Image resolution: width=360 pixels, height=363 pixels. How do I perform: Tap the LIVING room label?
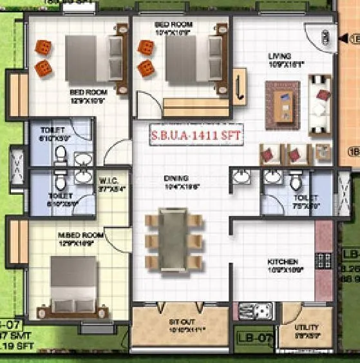click(279, 56)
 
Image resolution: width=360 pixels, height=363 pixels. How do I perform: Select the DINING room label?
click(176, 178)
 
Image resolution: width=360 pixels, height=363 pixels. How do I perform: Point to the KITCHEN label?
click(283, 262)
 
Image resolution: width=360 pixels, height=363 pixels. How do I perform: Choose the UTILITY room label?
click(307, 328)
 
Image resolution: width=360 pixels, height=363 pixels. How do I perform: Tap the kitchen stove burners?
click(323, 260)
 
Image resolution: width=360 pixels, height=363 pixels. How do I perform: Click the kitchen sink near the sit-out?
click(250, 312)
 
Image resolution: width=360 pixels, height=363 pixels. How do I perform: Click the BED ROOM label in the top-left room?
click(87, 92)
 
